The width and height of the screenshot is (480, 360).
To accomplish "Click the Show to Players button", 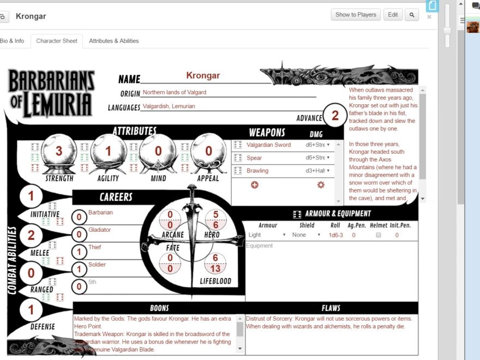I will [x=356, y=15].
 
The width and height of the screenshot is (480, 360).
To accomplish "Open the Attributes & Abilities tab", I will [x=113, y=41].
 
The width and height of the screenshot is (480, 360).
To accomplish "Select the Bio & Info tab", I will [x=11, y=41].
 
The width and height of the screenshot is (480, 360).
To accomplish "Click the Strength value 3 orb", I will [x=59, y=151].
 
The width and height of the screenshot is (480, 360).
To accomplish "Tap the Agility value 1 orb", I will [x=108, y=151].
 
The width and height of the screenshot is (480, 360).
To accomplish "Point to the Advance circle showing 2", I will [x=335, y=116].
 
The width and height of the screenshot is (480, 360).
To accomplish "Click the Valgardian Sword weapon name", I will [x=268, y=145].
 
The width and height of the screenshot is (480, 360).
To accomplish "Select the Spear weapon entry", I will [x=254, y=158].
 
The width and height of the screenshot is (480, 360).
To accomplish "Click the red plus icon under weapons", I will [x=255, y=185].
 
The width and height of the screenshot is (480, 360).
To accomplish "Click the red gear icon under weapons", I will [x=321, y=185].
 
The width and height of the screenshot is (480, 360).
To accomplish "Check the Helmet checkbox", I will [x=379, y=235].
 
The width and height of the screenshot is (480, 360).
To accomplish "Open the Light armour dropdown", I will [x=267, y=235].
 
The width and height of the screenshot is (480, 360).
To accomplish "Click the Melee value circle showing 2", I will [x=31, y=235].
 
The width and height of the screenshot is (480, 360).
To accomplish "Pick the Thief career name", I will [x=95, y=247].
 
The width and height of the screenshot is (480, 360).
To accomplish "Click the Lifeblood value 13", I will [x=215, y=268].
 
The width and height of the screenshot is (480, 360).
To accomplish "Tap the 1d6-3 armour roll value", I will [x=335, y=235].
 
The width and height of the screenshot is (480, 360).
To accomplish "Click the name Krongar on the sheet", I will [x=203, y=76].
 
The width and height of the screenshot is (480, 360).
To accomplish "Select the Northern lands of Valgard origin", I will [x=175, y=93].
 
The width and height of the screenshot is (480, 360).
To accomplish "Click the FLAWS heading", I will [x=331, y=308].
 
